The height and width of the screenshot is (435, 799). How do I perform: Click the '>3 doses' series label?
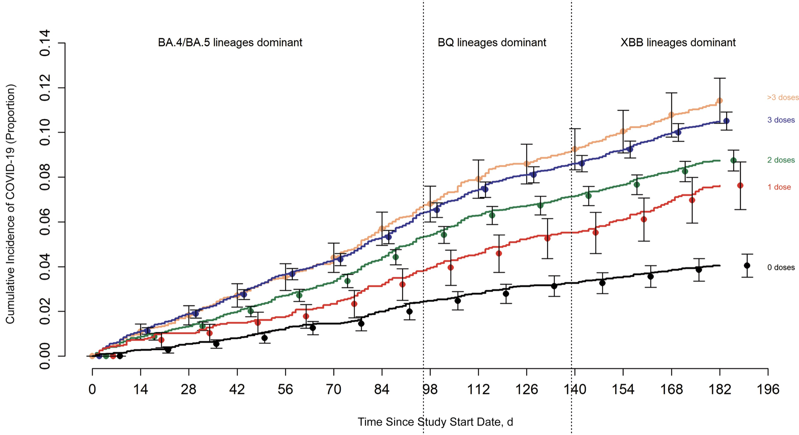783,98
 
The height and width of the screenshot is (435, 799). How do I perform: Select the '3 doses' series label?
781,120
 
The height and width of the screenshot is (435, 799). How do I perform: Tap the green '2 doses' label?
781,160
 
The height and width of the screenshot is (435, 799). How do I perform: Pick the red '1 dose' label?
779,187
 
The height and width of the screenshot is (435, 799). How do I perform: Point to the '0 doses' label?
781,268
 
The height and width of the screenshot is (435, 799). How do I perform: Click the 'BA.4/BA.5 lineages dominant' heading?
230,43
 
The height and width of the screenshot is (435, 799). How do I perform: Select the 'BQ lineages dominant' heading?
492,43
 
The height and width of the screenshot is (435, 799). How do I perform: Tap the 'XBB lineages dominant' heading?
678,43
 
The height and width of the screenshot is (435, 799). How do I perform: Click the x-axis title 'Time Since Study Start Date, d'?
435,422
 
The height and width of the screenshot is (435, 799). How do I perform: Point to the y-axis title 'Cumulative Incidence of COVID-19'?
10,204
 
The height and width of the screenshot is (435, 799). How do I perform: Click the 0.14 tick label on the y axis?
45,43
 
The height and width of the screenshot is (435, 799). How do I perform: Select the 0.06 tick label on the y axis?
45,222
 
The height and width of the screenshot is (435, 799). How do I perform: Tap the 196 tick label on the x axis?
768,390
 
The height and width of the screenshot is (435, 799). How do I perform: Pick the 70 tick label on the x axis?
333,390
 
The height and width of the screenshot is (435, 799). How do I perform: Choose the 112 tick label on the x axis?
478,390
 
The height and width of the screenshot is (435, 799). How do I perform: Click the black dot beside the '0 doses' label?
747,266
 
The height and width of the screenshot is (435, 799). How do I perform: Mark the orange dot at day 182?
719,101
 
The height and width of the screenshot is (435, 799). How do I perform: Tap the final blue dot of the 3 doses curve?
726,121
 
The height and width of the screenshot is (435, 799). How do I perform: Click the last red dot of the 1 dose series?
740,186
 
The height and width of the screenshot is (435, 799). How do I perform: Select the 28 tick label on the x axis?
189,390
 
